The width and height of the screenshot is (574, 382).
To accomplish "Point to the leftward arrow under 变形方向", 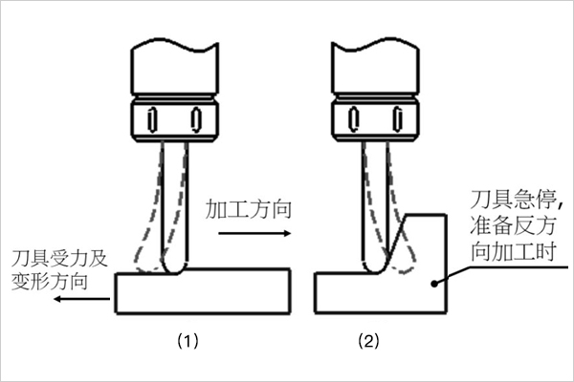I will tap(82, 299).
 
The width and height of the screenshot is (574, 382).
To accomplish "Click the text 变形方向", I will tap(51, 281).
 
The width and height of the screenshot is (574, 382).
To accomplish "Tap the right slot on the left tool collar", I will tap(197, 118).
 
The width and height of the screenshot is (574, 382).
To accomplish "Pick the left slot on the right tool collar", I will tap(350, 118).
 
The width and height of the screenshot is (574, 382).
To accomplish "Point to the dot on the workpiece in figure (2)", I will tap(433, 281).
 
